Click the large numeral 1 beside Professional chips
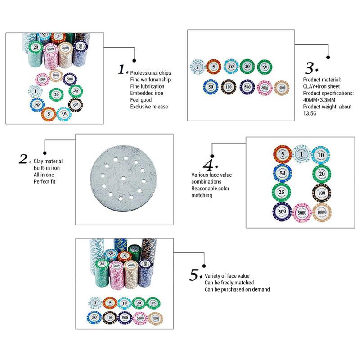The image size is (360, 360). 122,69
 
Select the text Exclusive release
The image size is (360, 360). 149,107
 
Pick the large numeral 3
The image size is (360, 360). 310,68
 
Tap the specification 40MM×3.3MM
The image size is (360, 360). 321,100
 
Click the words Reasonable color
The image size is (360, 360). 210,189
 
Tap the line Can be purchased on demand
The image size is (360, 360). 237,289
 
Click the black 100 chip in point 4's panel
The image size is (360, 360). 321,192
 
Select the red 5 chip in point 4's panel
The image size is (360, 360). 282,154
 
